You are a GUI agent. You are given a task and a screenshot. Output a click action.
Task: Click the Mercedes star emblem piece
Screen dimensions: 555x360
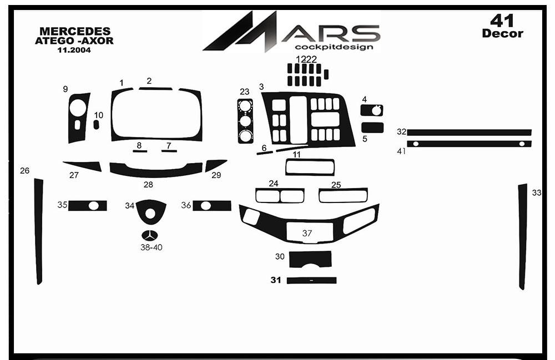150,236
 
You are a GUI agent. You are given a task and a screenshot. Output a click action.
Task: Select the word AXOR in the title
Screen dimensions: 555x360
98,40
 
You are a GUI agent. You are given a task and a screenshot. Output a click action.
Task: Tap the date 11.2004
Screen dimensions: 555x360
74,50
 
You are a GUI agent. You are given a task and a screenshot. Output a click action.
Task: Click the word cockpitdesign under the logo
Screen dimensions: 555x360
334,47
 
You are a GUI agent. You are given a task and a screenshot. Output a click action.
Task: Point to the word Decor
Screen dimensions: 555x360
503,34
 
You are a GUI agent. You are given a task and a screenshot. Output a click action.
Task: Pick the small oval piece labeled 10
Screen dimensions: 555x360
96,124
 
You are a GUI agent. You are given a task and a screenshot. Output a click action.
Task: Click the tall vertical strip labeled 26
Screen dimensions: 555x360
38,231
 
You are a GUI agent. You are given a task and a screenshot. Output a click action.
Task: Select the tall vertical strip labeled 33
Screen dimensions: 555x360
523,237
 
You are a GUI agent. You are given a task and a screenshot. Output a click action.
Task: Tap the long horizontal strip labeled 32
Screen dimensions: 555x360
470,133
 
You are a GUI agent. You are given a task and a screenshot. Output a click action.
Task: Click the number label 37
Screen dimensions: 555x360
307,234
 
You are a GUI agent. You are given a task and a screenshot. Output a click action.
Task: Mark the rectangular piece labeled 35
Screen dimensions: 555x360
88,206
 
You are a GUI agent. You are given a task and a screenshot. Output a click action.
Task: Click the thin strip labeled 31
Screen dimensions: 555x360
311,281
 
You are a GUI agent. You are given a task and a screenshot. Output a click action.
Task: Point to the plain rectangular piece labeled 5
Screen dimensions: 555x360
372,128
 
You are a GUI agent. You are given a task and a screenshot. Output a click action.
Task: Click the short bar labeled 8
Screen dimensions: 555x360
140,151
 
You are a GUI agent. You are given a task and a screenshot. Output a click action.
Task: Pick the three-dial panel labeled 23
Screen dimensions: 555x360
245,121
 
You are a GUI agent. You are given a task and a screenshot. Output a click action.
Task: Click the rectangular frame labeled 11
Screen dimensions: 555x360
310,168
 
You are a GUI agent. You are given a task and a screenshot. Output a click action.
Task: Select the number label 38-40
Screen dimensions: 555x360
152,247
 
